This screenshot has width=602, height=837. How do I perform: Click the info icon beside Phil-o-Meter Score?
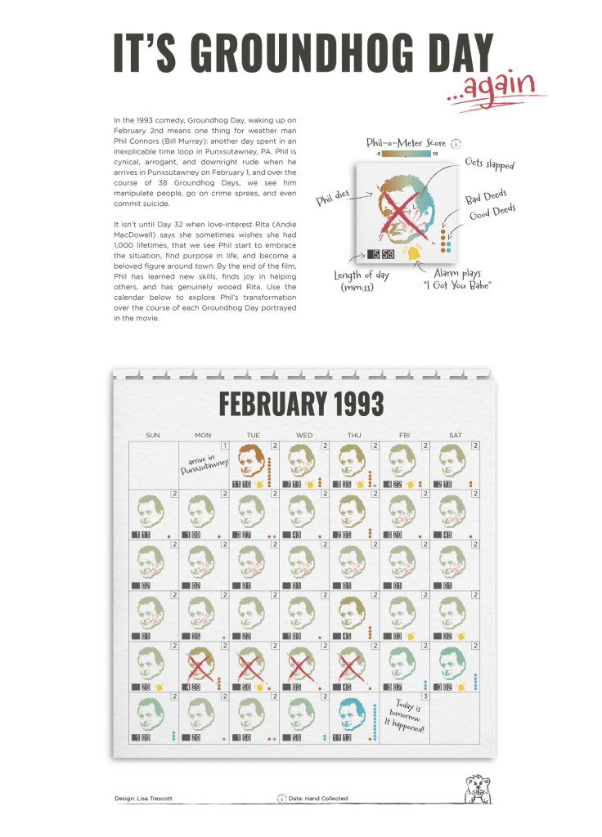click(x=456, y=143)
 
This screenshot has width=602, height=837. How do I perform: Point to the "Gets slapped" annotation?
click(x=489, y=163)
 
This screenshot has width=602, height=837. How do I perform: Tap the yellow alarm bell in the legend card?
click(x=416, y=254)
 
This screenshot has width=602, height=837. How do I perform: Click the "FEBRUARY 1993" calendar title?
click(x=301, y=405)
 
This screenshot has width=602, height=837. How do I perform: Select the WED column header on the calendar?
click(x=303, y=436)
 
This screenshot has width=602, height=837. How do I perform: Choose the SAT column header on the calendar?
click(x=455, y=436)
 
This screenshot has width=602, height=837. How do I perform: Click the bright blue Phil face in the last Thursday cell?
click(x=354, y=714)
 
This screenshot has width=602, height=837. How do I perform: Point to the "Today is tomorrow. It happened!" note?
click(x=405, y=717)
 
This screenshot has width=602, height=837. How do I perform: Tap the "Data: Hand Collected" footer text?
click(x=319, y=798)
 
